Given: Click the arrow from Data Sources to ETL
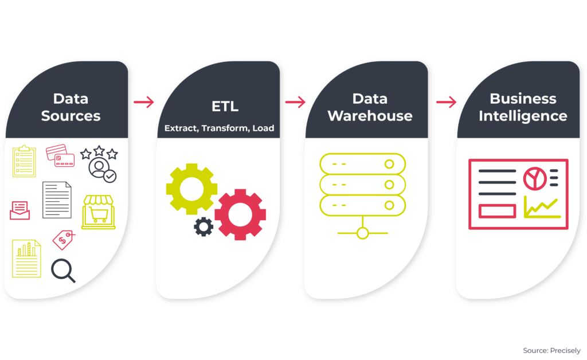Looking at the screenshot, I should [x=144, y=103].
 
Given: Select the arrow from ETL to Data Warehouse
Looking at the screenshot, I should [x=295, y=103].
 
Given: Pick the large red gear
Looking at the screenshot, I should [x=240, y=214].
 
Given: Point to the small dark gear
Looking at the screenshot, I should [x=204, y=226].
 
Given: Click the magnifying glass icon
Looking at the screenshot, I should [x=63, y=271].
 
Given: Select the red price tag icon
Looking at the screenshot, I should [x=63, y=239].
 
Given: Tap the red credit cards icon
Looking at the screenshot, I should [x=60, y=155].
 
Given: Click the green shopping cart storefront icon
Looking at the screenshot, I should [x=99, y=212].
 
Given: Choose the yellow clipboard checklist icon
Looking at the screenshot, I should [x=24, y=161].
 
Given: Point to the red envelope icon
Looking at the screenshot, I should [x=19, y=210].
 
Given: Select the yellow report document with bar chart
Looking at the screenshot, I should [x=27, y=258].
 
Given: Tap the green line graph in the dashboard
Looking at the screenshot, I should [x=542, y=208].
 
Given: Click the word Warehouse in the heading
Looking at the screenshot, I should [x=370, y=116].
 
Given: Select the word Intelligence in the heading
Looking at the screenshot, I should [x=523, y=116].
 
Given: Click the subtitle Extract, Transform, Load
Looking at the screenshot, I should [x=219, y=128].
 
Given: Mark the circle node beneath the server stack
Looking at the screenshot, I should [x=362, y=233].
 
